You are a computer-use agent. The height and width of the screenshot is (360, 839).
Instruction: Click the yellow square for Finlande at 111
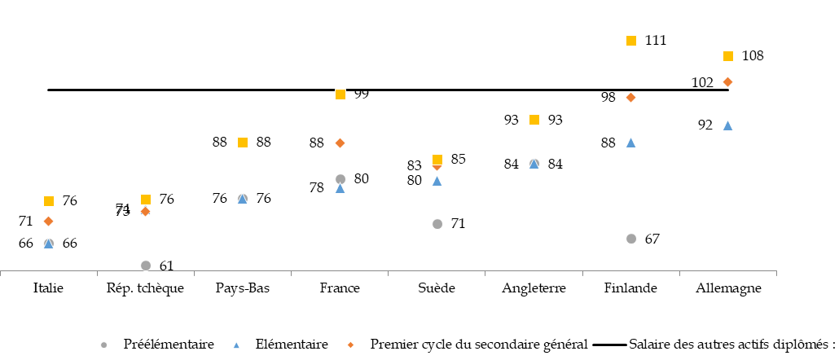[630, 41]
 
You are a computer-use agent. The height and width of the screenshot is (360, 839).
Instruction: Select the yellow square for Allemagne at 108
[728, 56]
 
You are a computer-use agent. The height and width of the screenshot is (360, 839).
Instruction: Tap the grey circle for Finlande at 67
[630, 239]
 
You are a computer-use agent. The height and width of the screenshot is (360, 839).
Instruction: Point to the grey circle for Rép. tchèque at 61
[146, 266]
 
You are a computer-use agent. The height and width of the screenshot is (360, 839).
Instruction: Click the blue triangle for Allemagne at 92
[728, 125]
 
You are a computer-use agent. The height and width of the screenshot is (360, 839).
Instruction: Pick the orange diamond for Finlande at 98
[630, 97]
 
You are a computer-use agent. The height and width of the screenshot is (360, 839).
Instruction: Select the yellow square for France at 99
[340, 94]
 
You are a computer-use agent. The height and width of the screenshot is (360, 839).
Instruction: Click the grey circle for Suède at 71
[437, 223]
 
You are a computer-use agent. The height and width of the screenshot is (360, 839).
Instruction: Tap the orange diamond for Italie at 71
[49, 221]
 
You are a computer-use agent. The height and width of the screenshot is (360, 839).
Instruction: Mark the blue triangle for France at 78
[340, 188]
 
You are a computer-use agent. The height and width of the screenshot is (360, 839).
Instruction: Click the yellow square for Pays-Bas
[242, 143]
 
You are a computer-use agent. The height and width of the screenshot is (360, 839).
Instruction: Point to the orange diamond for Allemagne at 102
[728, 81]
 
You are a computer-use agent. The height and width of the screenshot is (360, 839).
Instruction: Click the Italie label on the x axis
[49, 288]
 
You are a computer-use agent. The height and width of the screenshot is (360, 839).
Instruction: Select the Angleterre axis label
[534, 288]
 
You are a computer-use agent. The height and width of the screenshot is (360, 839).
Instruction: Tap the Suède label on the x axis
[437, 288]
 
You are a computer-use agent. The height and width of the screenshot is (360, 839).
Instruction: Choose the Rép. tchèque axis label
[146, 288]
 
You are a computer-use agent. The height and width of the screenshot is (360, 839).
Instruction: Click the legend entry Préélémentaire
[168, 345]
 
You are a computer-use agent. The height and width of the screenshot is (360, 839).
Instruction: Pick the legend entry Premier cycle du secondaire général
[478, 345]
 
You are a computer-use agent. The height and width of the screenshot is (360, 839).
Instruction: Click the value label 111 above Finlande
[656, 40]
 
